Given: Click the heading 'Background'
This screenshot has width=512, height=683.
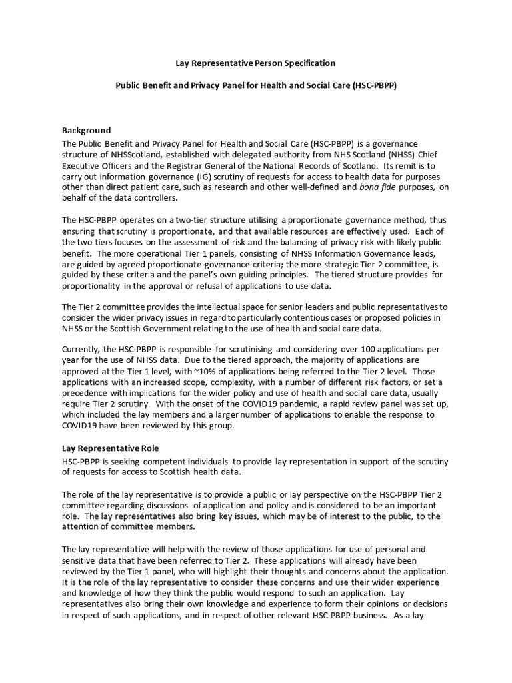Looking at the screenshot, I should coord(86,130).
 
